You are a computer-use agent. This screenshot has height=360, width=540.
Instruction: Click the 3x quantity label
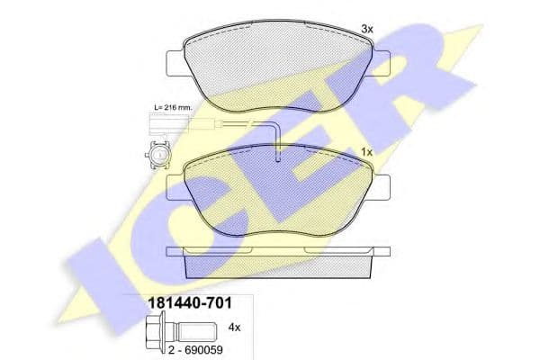pyautogui.click(x=366, y=30)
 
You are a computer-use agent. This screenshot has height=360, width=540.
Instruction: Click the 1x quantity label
pyautogui.click(x=366, y=150)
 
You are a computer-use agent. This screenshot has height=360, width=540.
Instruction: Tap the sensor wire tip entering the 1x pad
pyautogui.click(x=279, y=155)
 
